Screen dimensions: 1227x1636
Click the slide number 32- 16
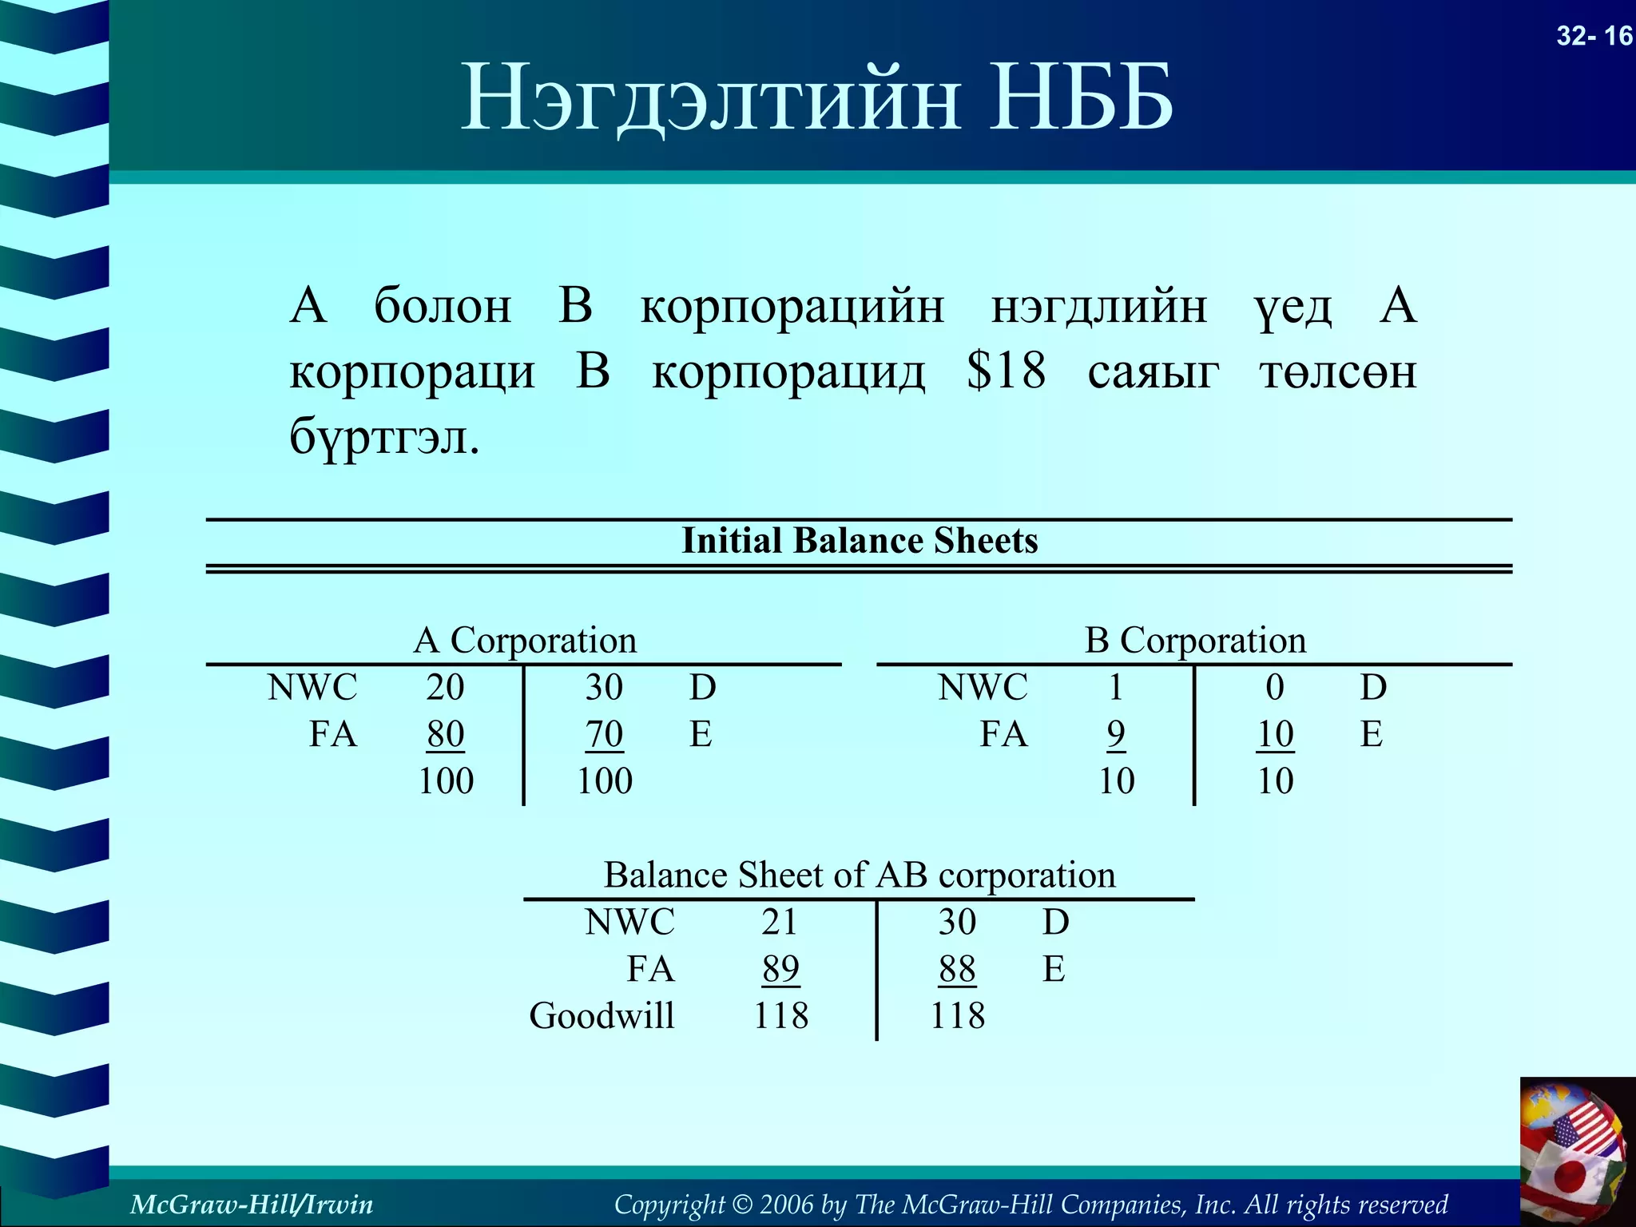point(1594,36)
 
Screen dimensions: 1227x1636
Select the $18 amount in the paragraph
point(1006,371)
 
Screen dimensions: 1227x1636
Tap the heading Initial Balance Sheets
point(860,541)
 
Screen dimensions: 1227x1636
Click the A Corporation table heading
point(525,641)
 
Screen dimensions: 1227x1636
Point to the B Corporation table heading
point(1195,641)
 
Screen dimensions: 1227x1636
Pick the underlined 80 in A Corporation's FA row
point(445,734)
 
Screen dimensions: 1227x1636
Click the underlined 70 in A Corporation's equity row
point(604,734)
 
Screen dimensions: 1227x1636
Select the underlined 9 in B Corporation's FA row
point(1116,734)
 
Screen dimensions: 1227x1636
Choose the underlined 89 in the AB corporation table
point(780,969)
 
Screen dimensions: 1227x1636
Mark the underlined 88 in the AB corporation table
point(957,969)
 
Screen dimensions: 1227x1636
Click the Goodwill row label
point(602,1016)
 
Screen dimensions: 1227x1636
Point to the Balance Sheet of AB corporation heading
point(860,876)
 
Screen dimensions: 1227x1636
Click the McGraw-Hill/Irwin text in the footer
point(252,1204)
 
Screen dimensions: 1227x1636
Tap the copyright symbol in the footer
point(742,1204)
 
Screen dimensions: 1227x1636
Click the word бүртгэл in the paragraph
point(383,437)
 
